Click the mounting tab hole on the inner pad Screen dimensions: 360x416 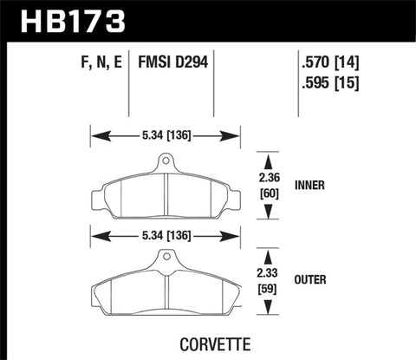[x=165, y=161]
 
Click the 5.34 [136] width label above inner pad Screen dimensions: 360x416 [x=165, y=134]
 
